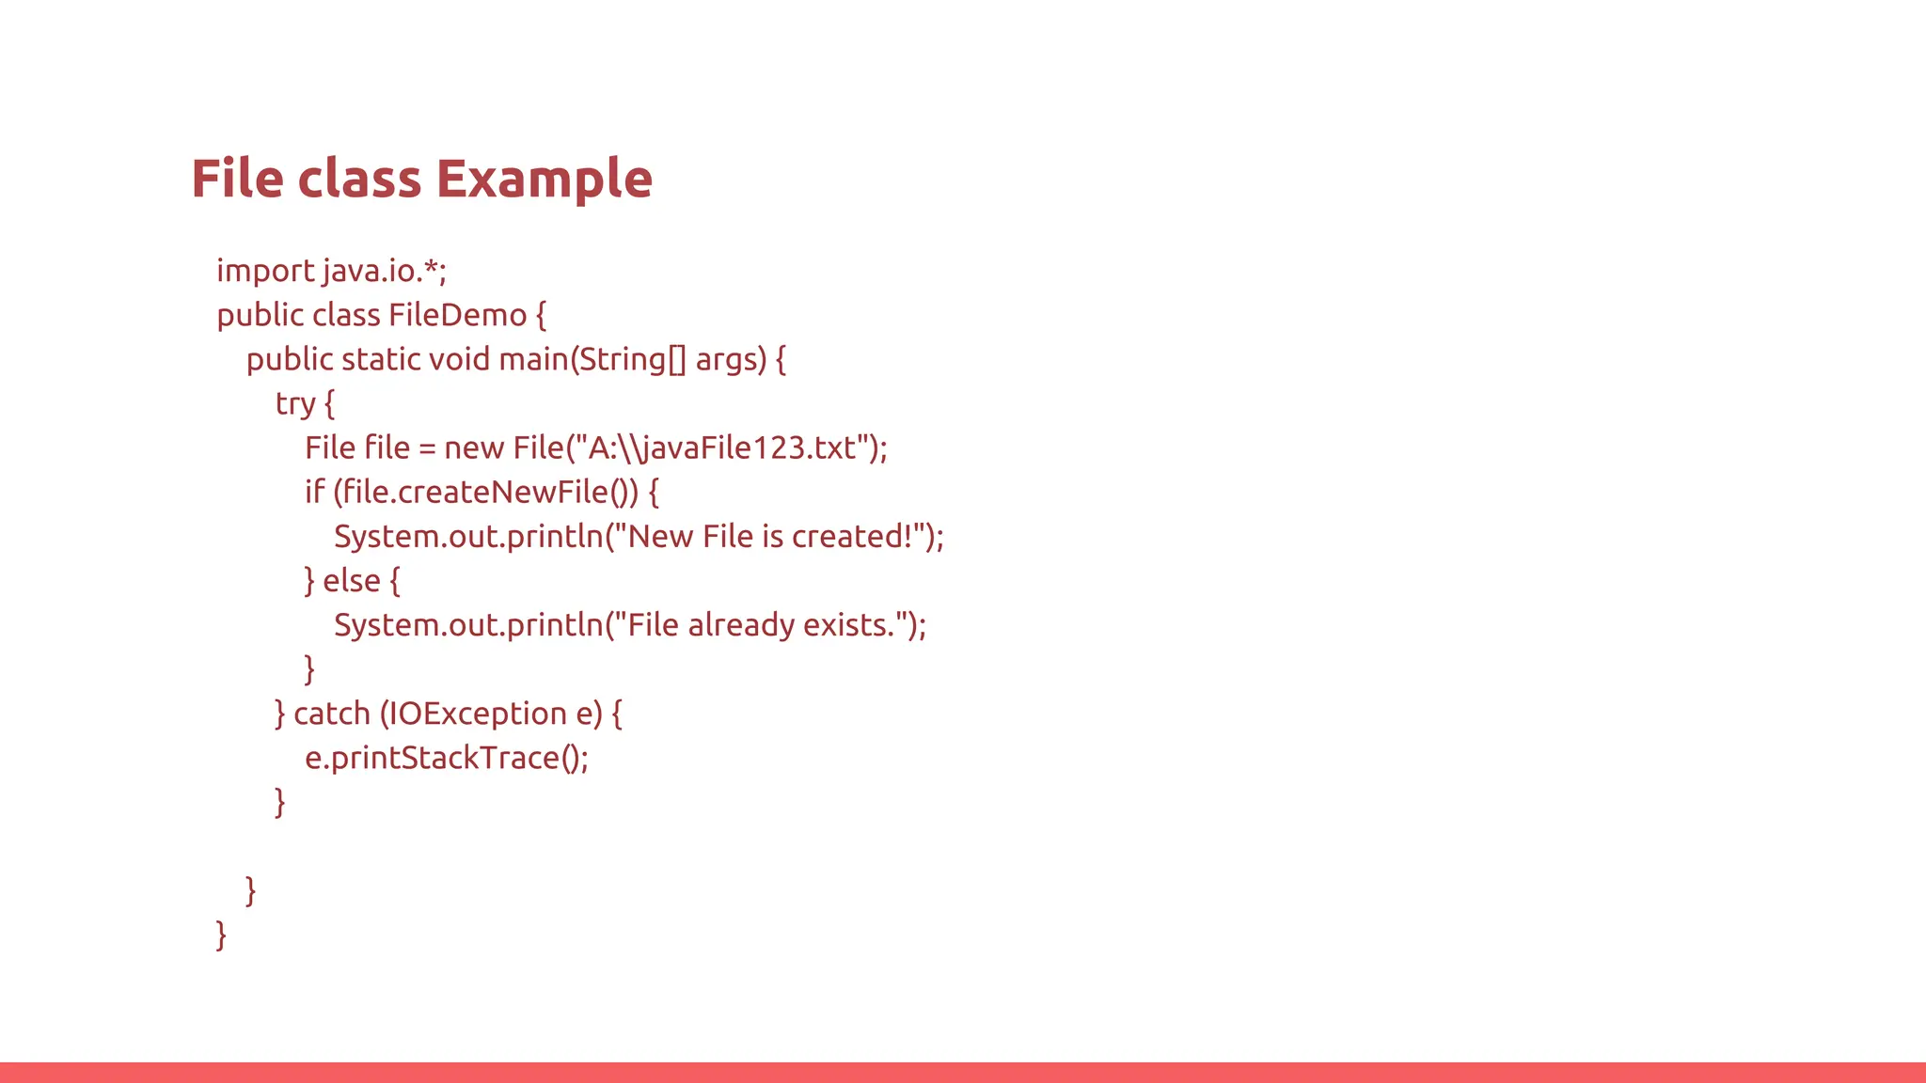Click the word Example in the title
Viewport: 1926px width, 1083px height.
pos(545,179)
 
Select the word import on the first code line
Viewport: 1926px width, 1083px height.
pos(265,272)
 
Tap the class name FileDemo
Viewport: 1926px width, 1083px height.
pos(457,315)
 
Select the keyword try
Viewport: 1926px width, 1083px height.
pos(294,404)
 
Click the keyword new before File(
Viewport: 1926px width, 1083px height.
pos(474,448)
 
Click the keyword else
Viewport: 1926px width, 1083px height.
pos(351,581)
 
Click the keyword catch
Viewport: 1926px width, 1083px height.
pos(332,714)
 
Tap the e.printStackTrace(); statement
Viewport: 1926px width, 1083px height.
pos(447,759)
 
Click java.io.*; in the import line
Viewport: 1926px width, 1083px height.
pos(385,272)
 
